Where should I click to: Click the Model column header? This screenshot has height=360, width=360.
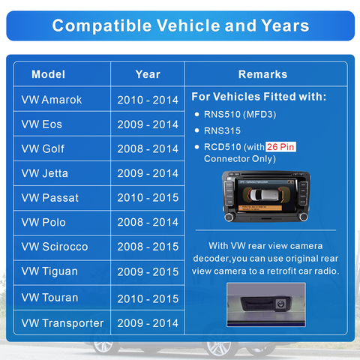click(48, 74)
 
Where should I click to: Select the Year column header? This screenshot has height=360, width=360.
click(148, 74)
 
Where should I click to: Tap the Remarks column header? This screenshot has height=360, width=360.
click(262, 74)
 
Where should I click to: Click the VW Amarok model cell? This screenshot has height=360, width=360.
click(52, 100)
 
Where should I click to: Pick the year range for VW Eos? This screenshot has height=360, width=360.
click(148, 124)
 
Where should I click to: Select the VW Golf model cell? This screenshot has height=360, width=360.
click(43, 148)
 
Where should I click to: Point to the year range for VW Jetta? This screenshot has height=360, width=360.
click(148, 173)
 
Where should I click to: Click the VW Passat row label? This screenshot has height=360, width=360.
click(50, 198)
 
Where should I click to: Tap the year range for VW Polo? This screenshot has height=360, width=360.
click(148, 222)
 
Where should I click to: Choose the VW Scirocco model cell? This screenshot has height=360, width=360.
click(55, 247)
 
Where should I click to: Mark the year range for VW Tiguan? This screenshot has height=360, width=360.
click(148, 271)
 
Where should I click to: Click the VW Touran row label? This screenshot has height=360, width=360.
click(49, 298)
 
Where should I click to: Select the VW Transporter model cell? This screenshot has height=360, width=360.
click(62, 323)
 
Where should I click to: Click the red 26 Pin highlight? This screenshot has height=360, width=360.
click(280, 147)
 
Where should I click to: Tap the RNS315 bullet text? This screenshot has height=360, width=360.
click(222, 130)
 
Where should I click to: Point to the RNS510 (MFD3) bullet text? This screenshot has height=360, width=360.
click(240, 115)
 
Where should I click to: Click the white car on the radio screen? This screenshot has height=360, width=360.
click(264, 194)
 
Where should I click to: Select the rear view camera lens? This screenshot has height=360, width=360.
click(280, 304)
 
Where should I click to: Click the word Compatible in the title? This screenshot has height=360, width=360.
click(102, 25)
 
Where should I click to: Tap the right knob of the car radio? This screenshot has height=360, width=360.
click(303, 217)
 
